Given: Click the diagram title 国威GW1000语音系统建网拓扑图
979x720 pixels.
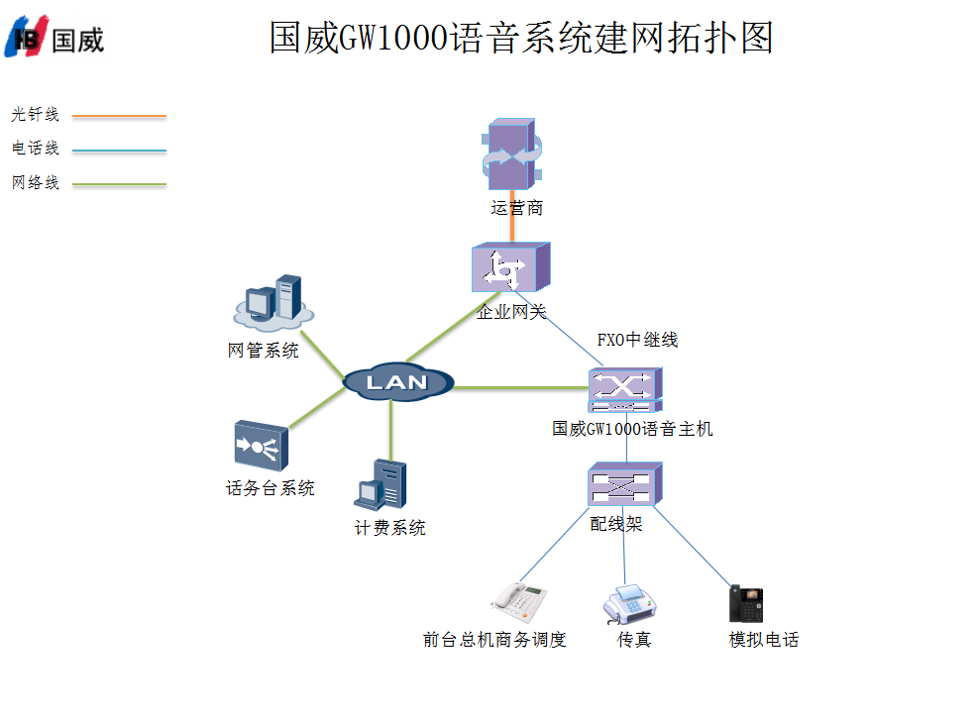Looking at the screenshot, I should point(520,38).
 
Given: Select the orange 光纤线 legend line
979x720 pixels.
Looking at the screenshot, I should point(119,116).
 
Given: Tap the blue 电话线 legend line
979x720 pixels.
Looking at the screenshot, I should point(119,152).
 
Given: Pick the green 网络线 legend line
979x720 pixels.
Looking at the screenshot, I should point(119,184).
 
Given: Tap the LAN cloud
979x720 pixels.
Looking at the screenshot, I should point(398,382).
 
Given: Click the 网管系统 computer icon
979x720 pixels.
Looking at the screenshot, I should point(272,301).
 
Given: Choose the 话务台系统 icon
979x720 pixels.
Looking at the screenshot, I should point(261,446).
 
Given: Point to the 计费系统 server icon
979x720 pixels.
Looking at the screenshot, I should point(381,485).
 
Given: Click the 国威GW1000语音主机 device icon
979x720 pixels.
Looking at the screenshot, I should point(624,390).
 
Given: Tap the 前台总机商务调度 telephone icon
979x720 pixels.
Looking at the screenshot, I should point(520,598).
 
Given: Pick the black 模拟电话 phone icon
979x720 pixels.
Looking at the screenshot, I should point(746,603).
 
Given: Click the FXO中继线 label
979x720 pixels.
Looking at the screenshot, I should point(637,340).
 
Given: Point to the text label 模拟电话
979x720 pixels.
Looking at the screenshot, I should point(763,640).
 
